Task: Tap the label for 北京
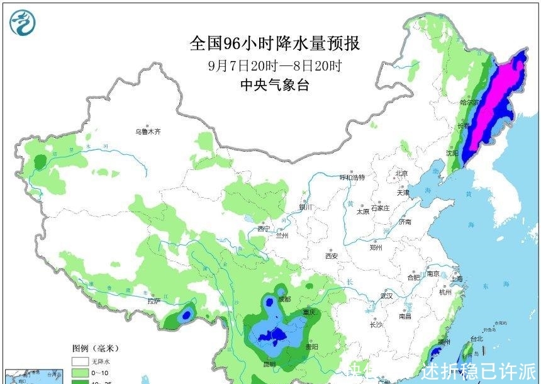pyautogui.click(x=402, y=173)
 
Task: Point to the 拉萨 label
pyautogui.click(x=155, y=301)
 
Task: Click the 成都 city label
pyautogui.click(x=284, y=299)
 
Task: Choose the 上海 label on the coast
pyautogui.click(x=456, y=278)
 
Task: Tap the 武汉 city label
pyautogui.click(x=386, y=295)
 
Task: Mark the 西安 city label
pyautogui.click(x=332, y=256)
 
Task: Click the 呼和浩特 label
pyautogui.click(x=352, y=178)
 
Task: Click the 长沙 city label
pyautogui.click(x=376, y=325)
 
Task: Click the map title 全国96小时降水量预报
pyautogui.click(x=275, y=43)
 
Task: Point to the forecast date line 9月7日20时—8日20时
pyautogui.click(x=275, y=65)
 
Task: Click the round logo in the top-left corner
pyautogui.click(x=23, y=23)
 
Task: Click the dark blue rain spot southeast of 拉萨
pyautogui.click(x=186, y=313)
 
